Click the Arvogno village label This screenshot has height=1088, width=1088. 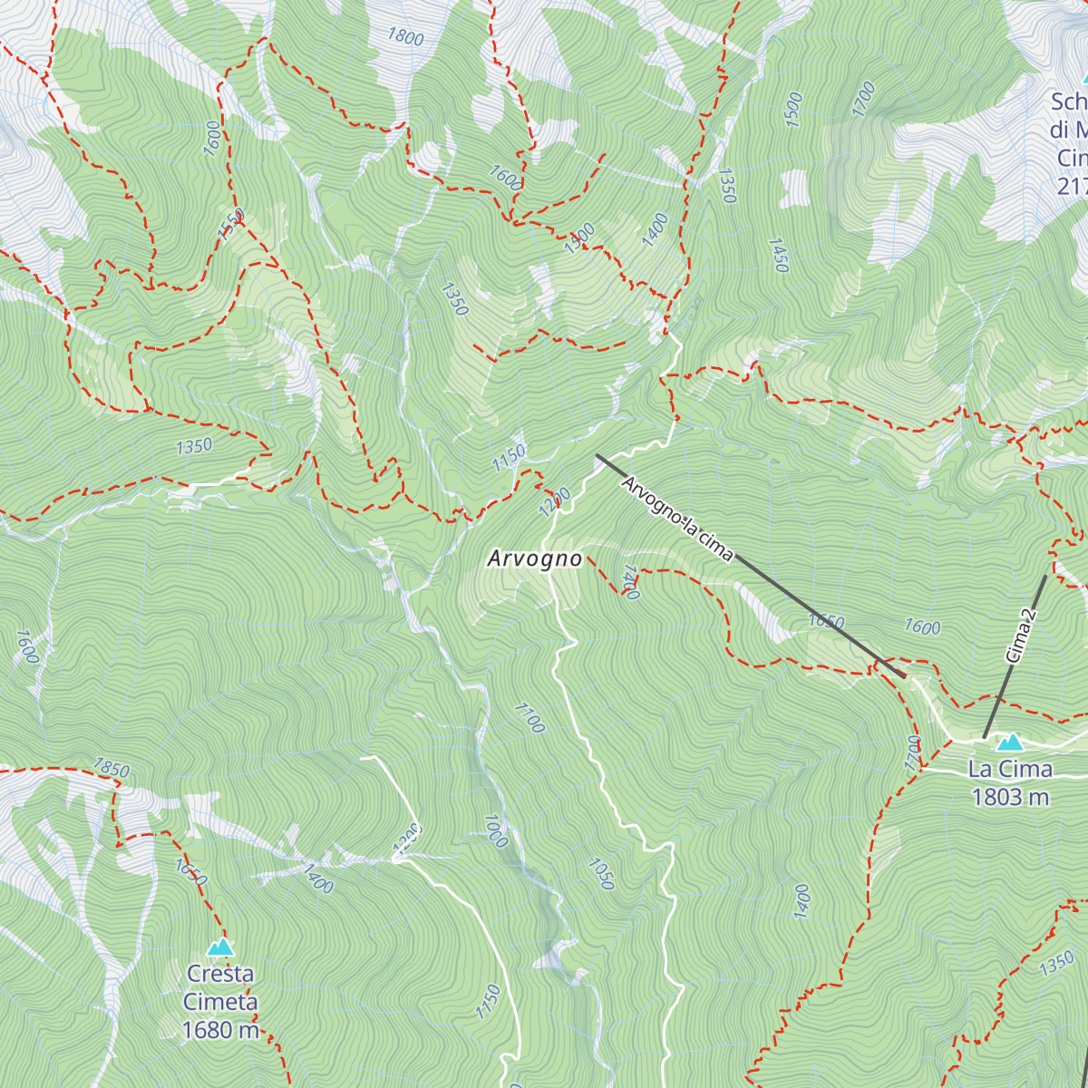pos(534,559)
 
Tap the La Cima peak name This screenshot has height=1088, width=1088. pos(1010,770)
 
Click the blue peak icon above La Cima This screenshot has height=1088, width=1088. pos(1009,743)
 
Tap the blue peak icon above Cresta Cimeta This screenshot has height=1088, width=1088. pos(220,947)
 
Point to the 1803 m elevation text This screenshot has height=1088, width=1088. pos(1010,797)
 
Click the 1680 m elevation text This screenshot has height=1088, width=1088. pos(220,1030)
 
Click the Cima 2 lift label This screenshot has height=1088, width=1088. pos(1021,635)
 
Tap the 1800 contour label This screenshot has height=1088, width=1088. pos(405,36)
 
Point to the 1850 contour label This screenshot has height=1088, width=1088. pos(112,768)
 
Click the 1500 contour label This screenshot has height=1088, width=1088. pos(793,109)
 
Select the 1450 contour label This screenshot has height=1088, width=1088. pos(778,255)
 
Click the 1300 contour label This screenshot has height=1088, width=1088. pos(579,238)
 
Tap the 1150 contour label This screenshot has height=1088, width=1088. pos(509,456)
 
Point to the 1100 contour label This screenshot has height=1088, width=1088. pos(529,717)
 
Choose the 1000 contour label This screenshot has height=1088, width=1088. pos(495,831)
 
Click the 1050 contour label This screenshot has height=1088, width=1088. pos(601,874)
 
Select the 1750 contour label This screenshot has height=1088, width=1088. pos(488,1002)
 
